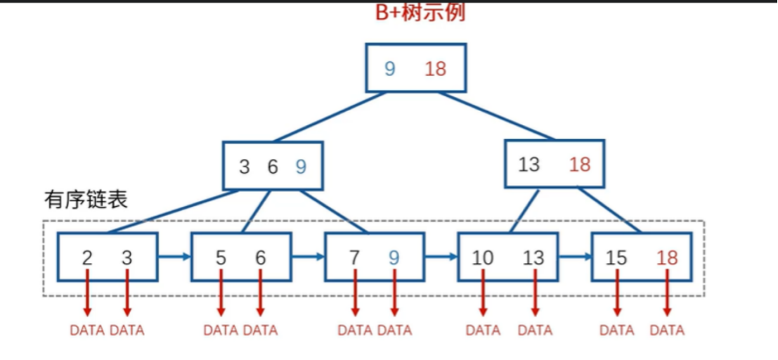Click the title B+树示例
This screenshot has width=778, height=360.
click(420, 13)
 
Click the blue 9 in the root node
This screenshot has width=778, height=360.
click(390, 68)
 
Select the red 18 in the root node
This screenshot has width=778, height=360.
click(436, 68)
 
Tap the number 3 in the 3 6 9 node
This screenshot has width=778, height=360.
click(244, 167)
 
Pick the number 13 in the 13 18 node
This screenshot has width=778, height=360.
click(529, 165)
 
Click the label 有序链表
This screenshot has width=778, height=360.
click(86, 200)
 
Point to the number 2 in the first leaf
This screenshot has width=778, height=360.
click(87, 258)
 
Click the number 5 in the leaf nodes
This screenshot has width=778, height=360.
click(221, 258)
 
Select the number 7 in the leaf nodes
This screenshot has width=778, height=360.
click(354, 258)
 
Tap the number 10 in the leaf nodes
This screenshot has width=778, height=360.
click(483, 258)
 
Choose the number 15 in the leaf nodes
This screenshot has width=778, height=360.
click(616, 258)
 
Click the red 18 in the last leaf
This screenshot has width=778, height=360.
click(667, 258)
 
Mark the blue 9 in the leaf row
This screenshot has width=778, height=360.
click(394, 258)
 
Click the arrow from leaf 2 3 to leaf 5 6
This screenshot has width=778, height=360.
click(174, 257)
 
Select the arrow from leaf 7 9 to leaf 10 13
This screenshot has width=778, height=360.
click(441, 257)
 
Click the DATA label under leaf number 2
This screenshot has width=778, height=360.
click(87, 330)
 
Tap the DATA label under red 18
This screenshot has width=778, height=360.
click(667, 330)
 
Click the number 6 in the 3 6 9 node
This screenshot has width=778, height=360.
click(272, 167)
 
